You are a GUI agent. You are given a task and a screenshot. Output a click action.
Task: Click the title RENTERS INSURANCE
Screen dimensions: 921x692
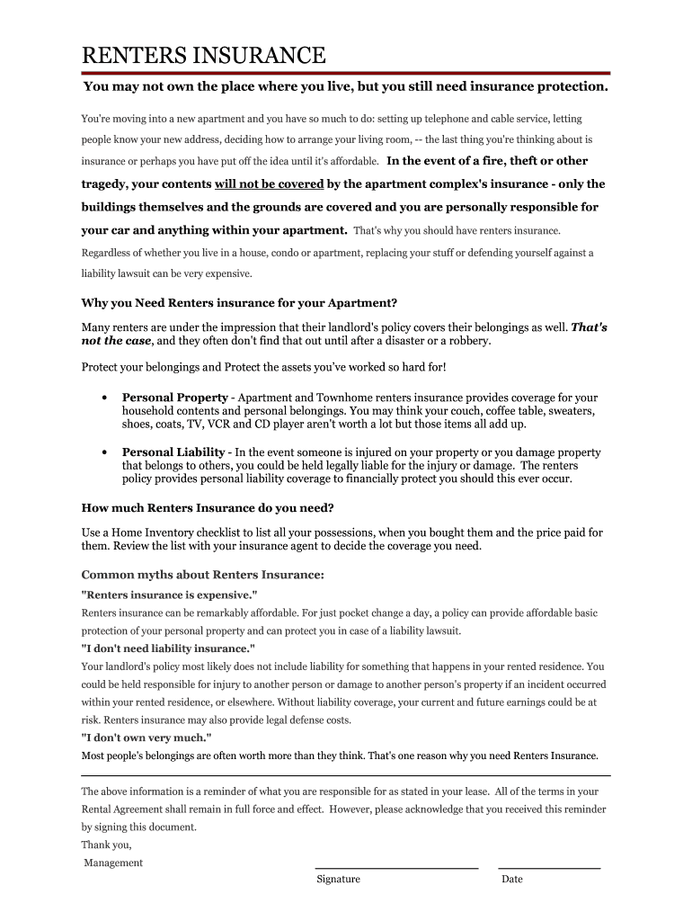(x=204, y=56)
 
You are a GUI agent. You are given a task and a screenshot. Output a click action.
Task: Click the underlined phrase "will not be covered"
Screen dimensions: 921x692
(x=269, y=183)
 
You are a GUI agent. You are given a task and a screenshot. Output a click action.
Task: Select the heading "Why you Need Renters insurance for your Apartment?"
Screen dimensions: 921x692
(x=239, y=302)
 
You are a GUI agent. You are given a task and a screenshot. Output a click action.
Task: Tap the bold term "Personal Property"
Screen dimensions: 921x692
(x=175, y=398)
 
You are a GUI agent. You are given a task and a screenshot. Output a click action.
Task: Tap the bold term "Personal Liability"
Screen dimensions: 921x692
(x=173, y=452)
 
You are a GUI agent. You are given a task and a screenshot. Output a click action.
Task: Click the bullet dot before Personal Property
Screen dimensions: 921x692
(x=105, y=398)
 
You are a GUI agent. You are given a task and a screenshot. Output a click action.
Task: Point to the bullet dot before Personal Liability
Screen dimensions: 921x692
(x=105, y=452)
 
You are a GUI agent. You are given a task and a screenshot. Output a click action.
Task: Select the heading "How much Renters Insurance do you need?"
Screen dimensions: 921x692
(x=208, y=507)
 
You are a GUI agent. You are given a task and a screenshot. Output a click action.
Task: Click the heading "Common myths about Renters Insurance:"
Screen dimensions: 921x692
(x=203, y=575)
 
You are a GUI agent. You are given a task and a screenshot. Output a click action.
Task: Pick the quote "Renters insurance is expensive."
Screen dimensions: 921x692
(x=169, y=595)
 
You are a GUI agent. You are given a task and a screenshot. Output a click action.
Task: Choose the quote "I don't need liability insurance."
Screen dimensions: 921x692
(x=168, y=648)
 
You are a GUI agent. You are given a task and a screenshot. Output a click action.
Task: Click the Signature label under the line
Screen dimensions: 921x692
(x=338, y=880)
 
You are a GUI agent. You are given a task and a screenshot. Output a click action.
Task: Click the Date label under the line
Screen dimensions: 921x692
(x=511, y=880)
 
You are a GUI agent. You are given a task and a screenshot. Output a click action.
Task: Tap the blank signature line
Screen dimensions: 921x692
(x=395, y=868)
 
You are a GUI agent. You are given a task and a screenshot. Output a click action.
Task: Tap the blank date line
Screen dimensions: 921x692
(x=550, y=868)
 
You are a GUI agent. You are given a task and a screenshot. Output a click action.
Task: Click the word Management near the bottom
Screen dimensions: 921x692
(x=113, y=863)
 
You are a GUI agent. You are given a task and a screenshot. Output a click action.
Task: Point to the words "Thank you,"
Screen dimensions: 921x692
(x=106, y=845)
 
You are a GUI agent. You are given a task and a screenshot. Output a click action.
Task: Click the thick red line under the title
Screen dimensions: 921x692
(x=346, y=73)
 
